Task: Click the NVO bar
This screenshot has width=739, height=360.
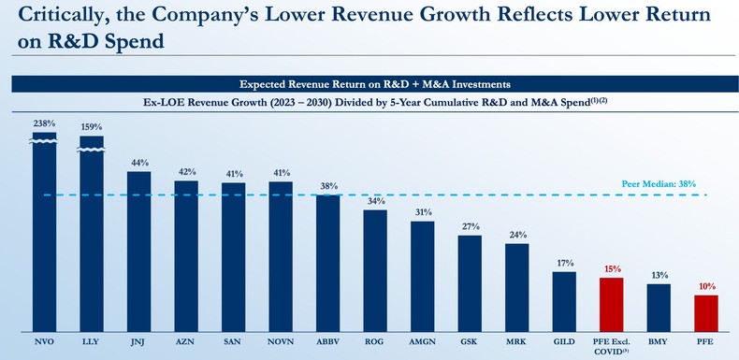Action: point(45,234)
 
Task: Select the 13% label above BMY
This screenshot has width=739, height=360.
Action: point(659,275)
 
